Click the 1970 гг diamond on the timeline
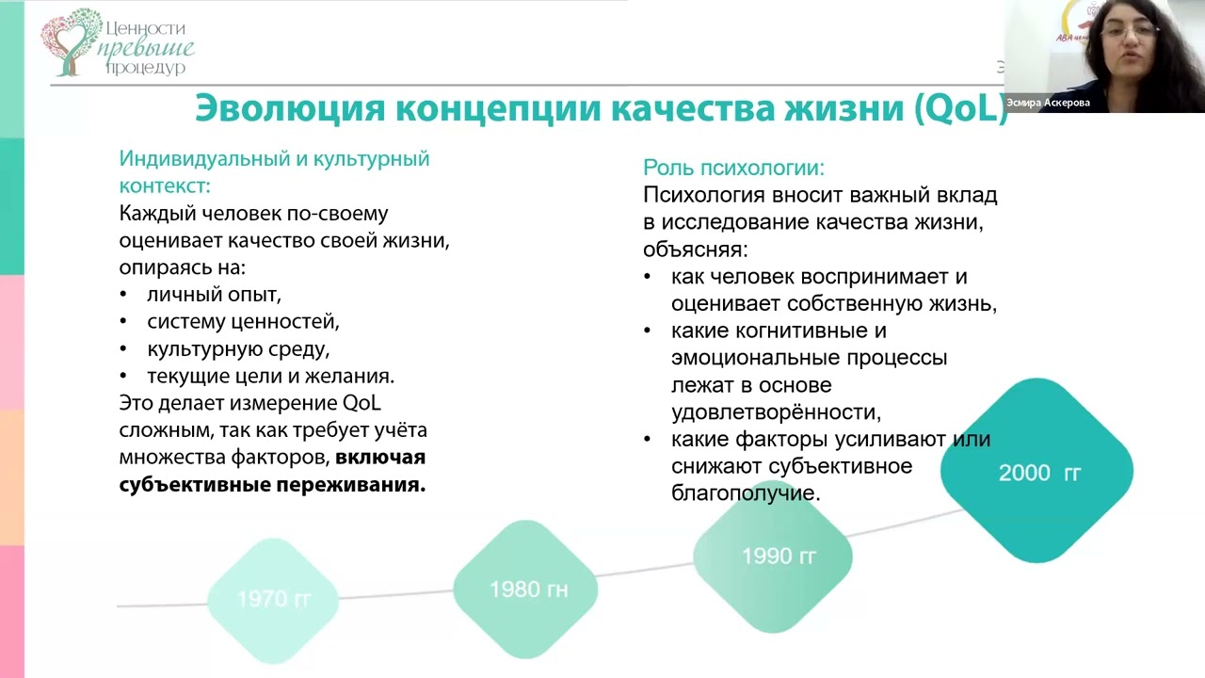click(273, 599)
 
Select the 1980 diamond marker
click(526, 589)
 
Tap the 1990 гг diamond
click(778, 556)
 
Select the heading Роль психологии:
click(733, 168)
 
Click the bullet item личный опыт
click(214, 294)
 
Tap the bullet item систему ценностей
click(243, 321)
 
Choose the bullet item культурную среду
click(238, 348)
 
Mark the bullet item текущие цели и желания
click(270, 376)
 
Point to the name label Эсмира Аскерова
click(1048, 104)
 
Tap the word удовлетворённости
click(776, 412)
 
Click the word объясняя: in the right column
click(696, 250)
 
